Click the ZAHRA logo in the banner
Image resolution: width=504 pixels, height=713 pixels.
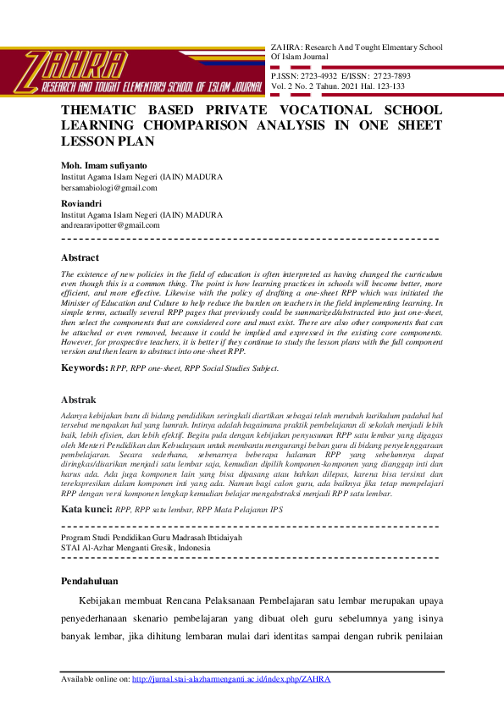point(76,64)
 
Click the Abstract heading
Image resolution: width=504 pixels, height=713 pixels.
point(80,258)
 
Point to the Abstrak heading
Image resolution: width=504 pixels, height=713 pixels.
point(79,400)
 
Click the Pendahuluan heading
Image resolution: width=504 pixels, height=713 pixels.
point(91,581)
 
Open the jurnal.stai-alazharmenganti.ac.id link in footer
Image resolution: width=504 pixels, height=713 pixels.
point(231,679)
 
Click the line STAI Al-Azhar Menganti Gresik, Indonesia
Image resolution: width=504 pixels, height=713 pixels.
point(136,547)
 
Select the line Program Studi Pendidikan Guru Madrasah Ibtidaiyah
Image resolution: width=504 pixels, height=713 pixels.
point(152,538)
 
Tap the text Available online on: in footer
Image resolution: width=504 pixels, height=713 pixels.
point(96,679)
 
